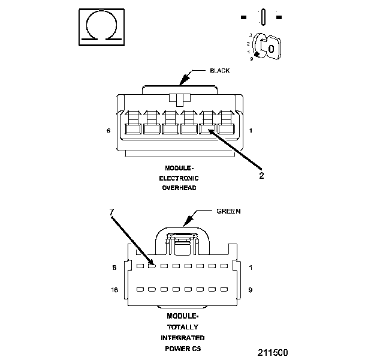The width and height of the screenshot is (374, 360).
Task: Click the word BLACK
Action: [219, 71]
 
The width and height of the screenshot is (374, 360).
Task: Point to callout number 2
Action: [261, 176]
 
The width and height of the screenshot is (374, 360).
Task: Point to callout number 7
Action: [111, 212]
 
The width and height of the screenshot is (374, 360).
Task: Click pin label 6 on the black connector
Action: [108, 130]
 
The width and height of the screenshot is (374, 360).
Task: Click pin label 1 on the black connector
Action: [250, 130]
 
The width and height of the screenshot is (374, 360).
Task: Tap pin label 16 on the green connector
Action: [114, 290]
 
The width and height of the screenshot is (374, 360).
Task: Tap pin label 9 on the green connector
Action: [250, 290]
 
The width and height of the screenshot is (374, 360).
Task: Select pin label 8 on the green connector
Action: [114, 268]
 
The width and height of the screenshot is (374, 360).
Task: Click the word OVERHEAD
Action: [179, 188]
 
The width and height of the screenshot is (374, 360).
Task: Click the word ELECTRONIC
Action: [179, 178]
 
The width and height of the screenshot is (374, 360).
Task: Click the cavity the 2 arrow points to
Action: [207, 128]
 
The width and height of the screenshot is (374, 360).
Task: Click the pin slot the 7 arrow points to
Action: [152, 266]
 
